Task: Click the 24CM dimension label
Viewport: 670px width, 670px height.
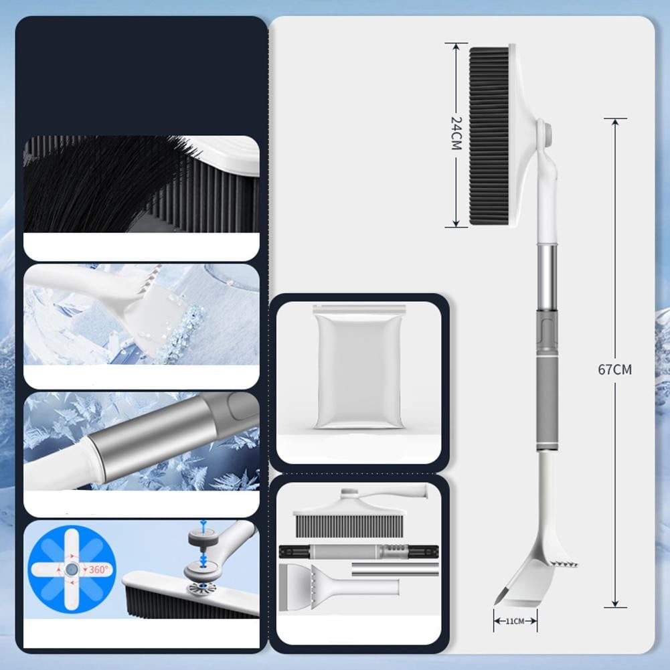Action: point(456,133)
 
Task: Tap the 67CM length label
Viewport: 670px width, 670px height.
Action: point(614,369)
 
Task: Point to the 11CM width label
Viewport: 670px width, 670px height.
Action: point(515,621)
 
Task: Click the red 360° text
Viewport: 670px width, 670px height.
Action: point(98,569)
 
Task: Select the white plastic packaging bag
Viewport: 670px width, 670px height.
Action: point(359,367)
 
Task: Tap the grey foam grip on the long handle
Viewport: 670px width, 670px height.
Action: point(547,402)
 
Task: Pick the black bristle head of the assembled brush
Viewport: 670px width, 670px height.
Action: point(489,136)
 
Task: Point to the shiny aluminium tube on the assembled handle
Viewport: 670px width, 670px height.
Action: point(548,278)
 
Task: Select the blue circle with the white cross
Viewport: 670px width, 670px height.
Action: point(72,569)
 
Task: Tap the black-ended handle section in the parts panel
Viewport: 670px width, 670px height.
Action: point(359,552)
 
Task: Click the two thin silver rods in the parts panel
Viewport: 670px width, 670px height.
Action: point(395,569)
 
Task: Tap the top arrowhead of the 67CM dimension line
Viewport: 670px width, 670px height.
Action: point(615,122)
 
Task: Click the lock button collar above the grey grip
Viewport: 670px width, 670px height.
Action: point(548,333)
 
